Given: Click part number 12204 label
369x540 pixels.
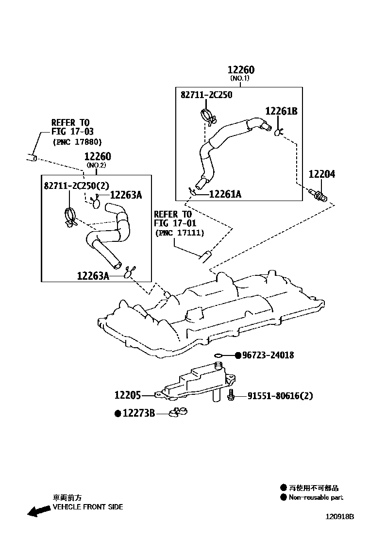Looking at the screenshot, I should tap(322, 174).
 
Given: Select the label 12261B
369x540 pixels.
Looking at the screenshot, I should tap(282, 111).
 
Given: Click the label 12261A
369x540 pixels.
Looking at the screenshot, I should tap(225, 194).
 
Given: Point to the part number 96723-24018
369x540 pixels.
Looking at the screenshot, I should tap(268, 355).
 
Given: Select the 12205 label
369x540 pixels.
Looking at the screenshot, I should tap(128, 395).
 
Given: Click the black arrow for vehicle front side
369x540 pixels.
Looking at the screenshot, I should tap(38, 510).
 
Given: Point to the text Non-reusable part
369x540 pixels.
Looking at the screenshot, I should tap(316, 497).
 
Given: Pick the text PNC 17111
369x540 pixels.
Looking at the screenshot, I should tap(180, 233).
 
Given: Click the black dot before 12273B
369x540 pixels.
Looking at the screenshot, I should tap(117, 413).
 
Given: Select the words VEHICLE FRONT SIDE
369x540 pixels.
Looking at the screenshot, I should tap(87, 506).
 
